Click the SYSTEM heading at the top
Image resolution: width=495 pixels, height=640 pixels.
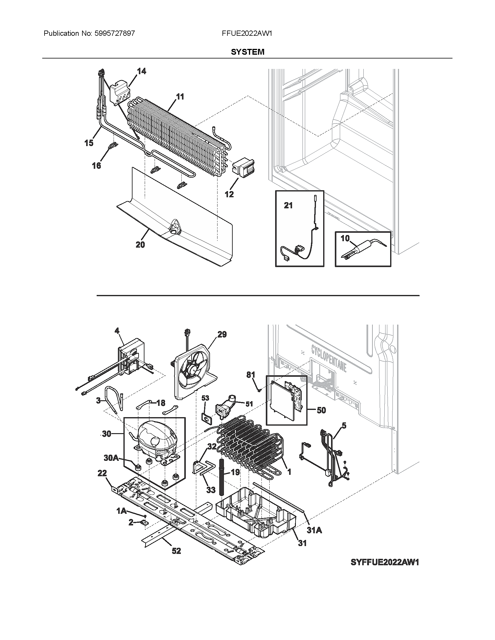click(x=247, y=52)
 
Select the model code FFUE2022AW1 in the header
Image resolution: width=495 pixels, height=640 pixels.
click(x=247, y=33)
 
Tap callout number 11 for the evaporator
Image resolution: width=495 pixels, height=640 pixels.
click(x=180, y=96)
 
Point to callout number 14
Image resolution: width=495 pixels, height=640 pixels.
click(x=141, y=71)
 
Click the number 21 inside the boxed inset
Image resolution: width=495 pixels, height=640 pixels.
click(x=288, y=206)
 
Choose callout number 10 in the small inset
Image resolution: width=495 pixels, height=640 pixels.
click(x=345, y=238)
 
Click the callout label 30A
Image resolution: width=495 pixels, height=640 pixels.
click(x=111, y=466)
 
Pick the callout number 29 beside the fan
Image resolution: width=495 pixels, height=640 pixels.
click(x=222, y=334)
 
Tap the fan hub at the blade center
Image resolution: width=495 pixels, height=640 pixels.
click(x=194, y=370)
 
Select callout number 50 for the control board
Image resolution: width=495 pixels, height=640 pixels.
click(x=321, y=410)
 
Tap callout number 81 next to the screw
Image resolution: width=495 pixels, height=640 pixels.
click(x=251, y=375)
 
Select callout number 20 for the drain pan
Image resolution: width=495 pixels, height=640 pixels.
click(x=140, y=244)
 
